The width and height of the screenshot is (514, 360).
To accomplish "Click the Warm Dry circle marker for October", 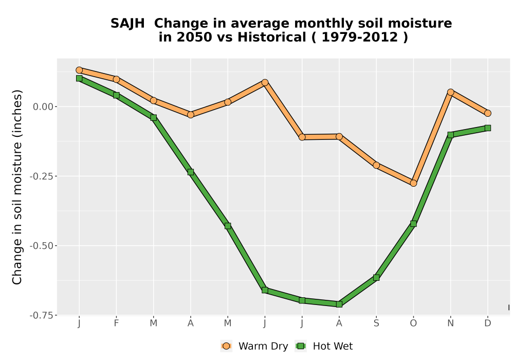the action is click(x=413, y=183).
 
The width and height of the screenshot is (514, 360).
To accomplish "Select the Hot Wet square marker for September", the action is click(x=376, y=277).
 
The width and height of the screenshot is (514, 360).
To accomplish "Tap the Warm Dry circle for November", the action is click(x=450, y=92).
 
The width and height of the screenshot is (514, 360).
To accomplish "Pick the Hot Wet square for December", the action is click(x=488, y=128).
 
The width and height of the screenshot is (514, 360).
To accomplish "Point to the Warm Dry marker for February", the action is click(x=116, y=79).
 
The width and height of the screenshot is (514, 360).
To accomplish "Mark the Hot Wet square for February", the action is click(x=116, y=95).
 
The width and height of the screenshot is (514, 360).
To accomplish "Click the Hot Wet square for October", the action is click(x=413, y=224).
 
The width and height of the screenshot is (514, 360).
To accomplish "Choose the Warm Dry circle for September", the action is click(x=376, y=165).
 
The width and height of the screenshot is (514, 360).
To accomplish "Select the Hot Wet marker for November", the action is click(x=450, y=135).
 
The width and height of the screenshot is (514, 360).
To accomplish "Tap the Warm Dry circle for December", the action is click(x=488, y=113).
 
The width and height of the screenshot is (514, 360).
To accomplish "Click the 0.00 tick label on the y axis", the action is click(x=43, y=106).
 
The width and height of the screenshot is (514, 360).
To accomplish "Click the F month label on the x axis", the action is click(x=116, y=323).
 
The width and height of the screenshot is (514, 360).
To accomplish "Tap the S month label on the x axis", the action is click(x=376, y=323).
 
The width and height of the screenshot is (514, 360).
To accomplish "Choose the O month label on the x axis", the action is click(x=413, y=323).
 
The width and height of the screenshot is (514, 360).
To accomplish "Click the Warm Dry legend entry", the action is click(x=254, y=346).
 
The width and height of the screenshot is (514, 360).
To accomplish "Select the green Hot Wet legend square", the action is click(x=301, y=346).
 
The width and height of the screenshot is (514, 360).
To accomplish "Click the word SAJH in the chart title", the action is click(x=127, y=24).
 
